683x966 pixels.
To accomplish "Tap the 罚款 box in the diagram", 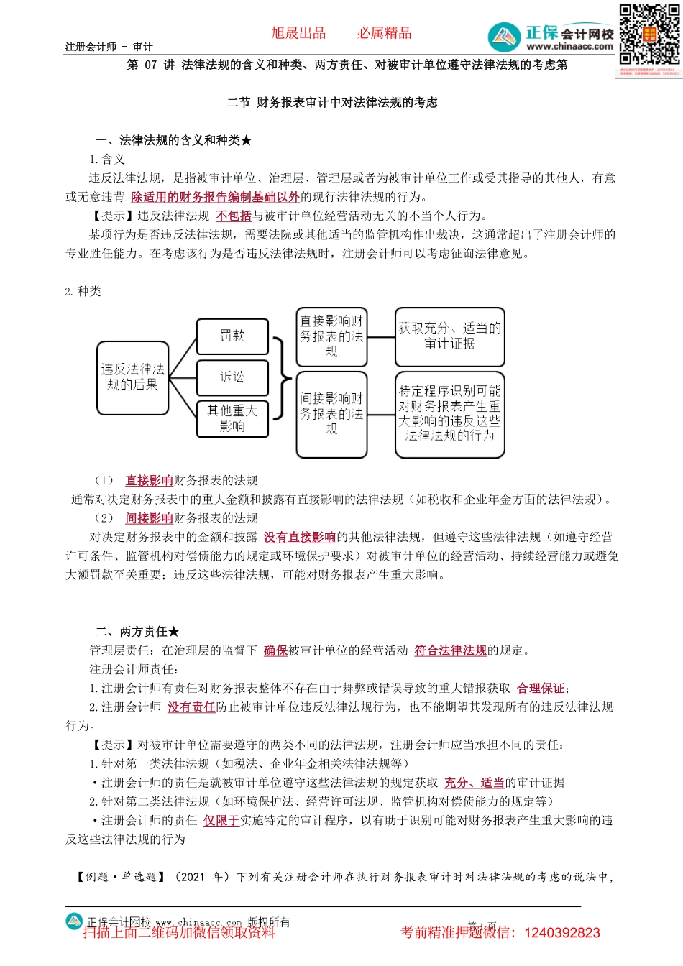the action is pos(232,336).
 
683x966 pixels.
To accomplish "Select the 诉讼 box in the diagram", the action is pos(232,377).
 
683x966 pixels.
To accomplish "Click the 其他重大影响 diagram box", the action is pos(232,418).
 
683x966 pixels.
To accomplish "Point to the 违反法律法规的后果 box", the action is pos(132,377).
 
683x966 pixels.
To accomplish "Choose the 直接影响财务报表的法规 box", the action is pos(331,336).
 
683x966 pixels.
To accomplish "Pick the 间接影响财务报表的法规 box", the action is pos(331,414).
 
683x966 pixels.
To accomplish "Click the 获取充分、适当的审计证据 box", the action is pos(449,336).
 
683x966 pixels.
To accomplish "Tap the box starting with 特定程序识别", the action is pos(449,414).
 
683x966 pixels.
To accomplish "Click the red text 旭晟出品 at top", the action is pos(298,33).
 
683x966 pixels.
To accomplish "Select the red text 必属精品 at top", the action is pos(385,33).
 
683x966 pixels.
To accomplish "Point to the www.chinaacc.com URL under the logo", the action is pos(569,47).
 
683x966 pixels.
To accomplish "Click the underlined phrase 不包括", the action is pos(234,216).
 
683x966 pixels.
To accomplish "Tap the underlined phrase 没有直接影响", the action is pos(300,537).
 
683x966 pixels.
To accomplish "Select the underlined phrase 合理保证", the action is pos(541,689).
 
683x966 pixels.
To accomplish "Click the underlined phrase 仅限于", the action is pos(221,820).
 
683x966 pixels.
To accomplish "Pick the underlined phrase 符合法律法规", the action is pos(451,650).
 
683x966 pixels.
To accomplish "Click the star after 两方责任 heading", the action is pos(173,632).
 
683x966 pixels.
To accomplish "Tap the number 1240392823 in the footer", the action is pos(562,933).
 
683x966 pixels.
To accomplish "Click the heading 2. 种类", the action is pos(83,291).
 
